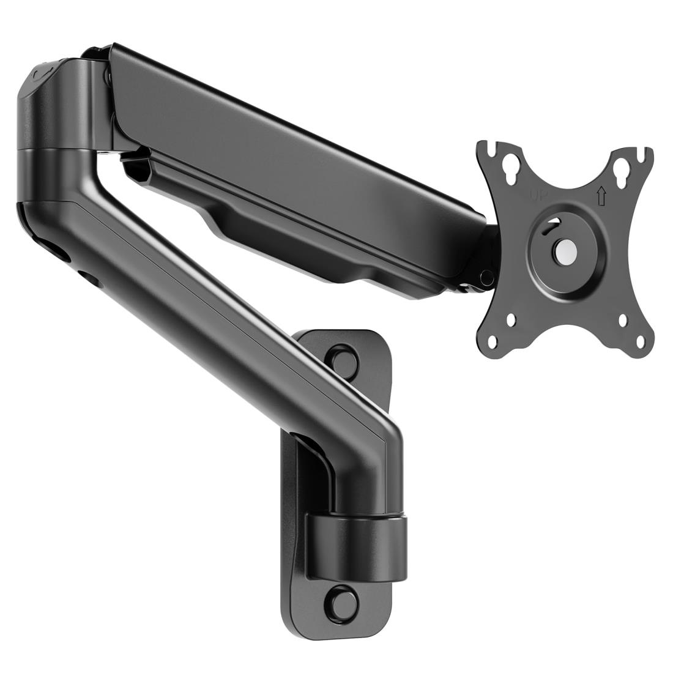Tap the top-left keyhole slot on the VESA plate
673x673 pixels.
[507, 166]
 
